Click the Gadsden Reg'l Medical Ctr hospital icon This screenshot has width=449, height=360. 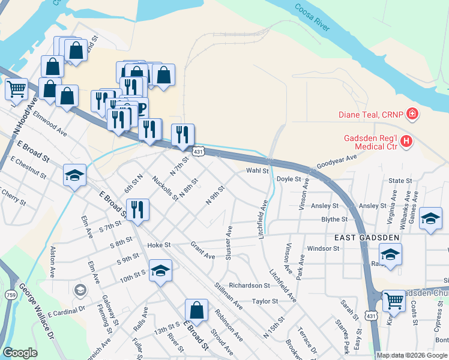tap(407, 142)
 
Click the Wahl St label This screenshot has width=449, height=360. tap(257, 171)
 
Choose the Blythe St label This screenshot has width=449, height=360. tap(334, 220)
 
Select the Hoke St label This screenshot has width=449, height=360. tap(159, 245)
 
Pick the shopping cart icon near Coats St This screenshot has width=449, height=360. tap(394, 300)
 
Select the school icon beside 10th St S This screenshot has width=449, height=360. tap(160, 271)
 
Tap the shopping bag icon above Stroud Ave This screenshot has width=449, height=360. tap(196, 310)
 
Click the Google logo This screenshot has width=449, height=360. tap(20, 353)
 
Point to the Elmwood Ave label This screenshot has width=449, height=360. tap(50, 121)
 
